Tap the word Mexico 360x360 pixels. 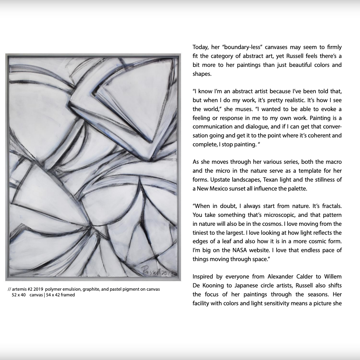(x=225, y=189)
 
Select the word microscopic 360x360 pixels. (x=270, y=215)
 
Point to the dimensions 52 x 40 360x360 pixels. (x=19, y=295)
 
